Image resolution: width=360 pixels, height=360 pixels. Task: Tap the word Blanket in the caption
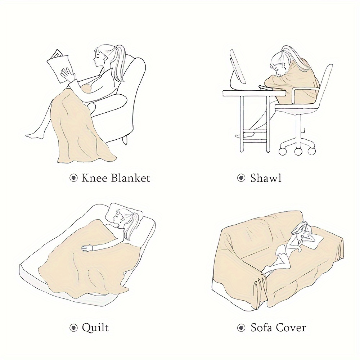130,178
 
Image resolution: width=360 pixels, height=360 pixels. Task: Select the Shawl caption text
266,178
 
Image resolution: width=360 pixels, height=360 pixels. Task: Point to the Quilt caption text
95,328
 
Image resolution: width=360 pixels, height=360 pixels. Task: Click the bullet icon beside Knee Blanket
73,178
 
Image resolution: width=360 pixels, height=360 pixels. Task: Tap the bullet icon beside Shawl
241,178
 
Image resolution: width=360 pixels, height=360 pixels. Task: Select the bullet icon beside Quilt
73,328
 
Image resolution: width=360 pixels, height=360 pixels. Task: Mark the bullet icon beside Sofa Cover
241,328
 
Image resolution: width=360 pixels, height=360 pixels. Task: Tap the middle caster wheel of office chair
298,151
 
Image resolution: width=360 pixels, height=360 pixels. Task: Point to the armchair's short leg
125,140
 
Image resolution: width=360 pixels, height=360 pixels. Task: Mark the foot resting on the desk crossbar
244,135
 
